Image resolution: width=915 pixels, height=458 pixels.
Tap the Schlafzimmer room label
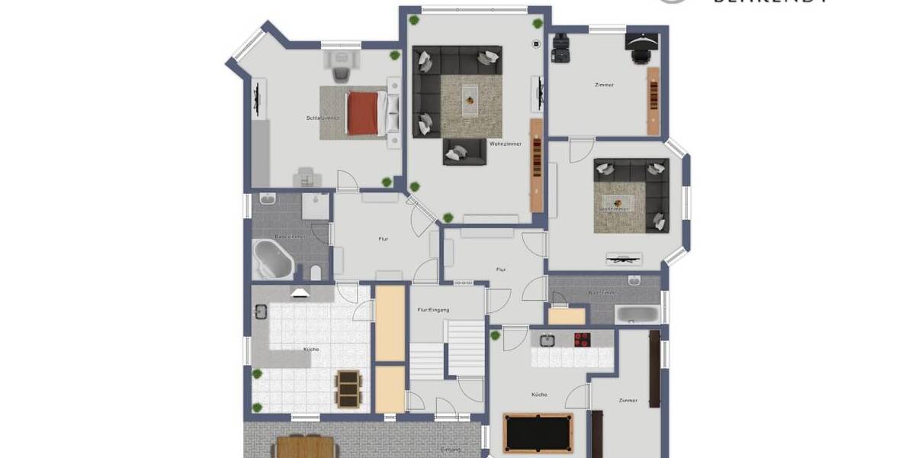coord(323,118)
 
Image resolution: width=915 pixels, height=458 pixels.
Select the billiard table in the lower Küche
coord(538,433)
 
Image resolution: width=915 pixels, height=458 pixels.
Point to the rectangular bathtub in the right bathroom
coord(637,314)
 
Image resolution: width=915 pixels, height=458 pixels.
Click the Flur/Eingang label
coord(433,310)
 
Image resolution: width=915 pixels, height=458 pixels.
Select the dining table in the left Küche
coord(348,388)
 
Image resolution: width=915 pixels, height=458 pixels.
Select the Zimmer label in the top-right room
coord(604,85)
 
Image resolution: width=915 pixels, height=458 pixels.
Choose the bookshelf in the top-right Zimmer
coord(653,101)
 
